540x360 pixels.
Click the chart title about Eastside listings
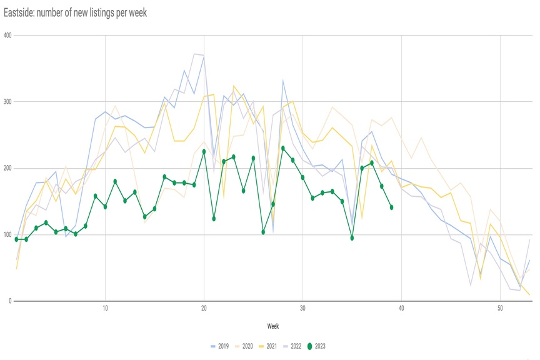click(75, 12)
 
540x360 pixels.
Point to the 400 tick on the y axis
click(7, 35)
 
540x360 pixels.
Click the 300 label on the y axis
click(7, 102)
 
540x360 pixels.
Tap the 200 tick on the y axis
click(7, 168)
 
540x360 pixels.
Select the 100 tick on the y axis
click(7, 235)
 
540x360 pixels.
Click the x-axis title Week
click(273, 326)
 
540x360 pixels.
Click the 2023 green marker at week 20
click(204, 151)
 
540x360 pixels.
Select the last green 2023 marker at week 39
click(391, 207)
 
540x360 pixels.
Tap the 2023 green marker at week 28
click(283, 148)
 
